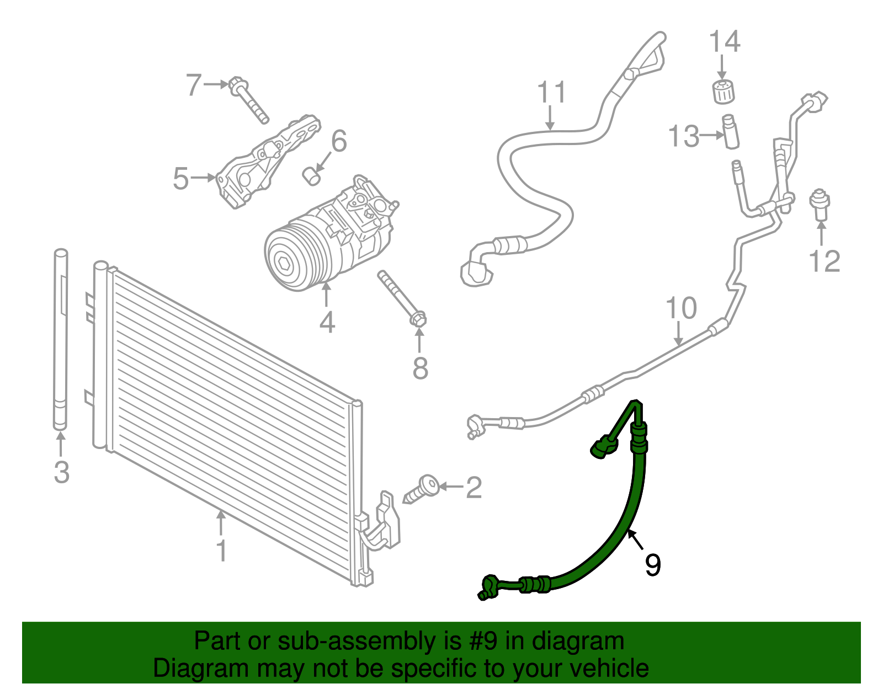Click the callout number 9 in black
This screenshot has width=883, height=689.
tap(652, 565)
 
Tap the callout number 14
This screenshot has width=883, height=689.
tap(724, 42)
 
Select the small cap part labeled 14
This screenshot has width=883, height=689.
tap(722, 92)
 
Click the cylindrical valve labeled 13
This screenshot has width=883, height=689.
tap(731, 131)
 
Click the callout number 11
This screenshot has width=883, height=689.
tap(551, 92)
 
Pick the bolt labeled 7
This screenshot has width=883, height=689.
tap(249, 100)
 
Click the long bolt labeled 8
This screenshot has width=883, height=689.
tap(401, 298)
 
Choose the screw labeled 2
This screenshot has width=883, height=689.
tap(422, 489)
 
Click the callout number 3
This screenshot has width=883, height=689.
tap(61, 472)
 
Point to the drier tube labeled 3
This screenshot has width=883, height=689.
tap(61, 339)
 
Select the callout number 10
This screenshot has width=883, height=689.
tap(681, 308)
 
